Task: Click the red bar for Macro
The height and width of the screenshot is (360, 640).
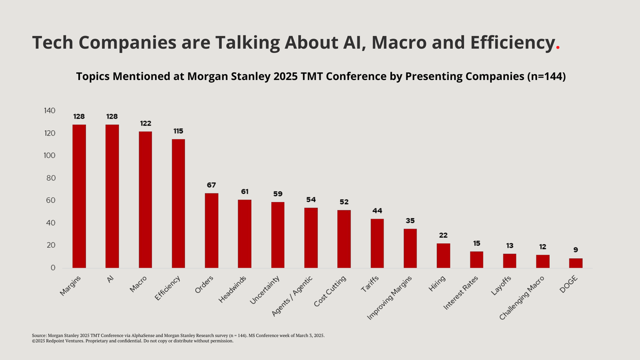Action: click(x=145, y=199)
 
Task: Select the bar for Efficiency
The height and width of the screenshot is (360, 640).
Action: click(x=179, y=203)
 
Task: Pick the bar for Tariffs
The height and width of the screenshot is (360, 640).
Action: click(x=377, y=243)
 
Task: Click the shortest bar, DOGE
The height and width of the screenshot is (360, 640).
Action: click(x=576, y=263)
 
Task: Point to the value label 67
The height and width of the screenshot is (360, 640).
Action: click(x=212, y=185)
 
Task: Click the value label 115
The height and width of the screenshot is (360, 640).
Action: click(x=179, y=131)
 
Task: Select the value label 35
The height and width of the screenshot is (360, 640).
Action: click(x=410, y=221)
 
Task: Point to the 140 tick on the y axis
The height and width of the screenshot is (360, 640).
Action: click(x=49, y=111)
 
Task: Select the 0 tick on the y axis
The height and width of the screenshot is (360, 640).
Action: click(x=53, y=268)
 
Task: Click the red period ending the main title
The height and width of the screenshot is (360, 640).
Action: click(x=558, y=47)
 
